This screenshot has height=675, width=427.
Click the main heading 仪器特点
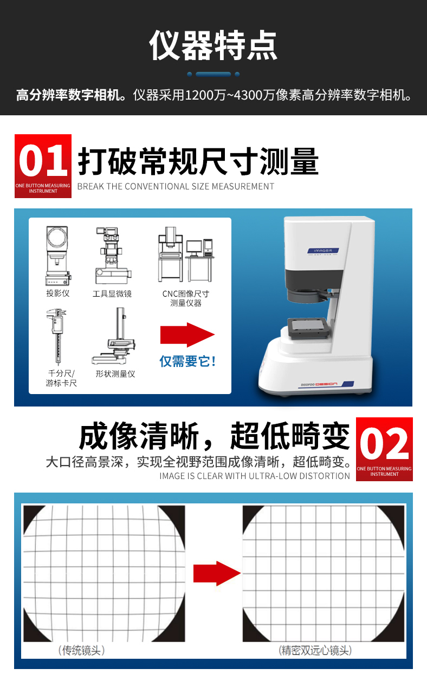tap(213, 45)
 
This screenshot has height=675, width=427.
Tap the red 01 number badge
tap(43, 166)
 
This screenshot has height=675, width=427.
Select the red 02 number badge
tap(384, 449)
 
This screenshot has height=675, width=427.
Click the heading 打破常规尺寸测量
tap(198, 161)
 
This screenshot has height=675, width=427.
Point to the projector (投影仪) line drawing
tap(58, 255)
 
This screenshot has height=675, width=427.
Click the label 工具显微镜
tap(112, 293)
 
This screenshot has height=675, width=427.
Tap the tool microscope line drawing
tap(113, 255)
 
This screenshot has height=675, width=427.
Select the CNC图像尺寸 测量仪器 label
tap(185, 298)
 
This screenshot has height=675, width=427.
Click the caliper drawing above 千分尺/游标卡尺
tap(56, 336)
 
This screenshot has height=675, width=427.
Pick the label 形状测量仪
tap(115, 373)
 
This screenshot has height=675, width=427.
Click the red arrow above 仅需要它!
tap(187, 335)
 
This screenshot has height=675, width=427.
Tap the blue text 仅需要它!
tap(187, 361)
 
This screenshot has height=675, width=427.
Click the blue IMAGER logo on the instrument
tap(323, 251)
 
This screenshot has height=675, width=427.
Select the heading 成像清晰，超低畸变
tap(214, 436)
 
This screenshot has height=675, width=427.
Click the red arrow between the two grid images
tap(217, 573)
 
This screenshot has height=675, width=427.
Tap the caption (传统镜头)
tap(81, 650)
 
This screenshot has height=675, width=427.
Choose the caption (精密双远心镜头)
tap(315, 650)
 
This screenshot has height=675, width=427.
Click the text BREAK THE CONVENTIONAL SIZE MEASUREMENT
tap(176, 187)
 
